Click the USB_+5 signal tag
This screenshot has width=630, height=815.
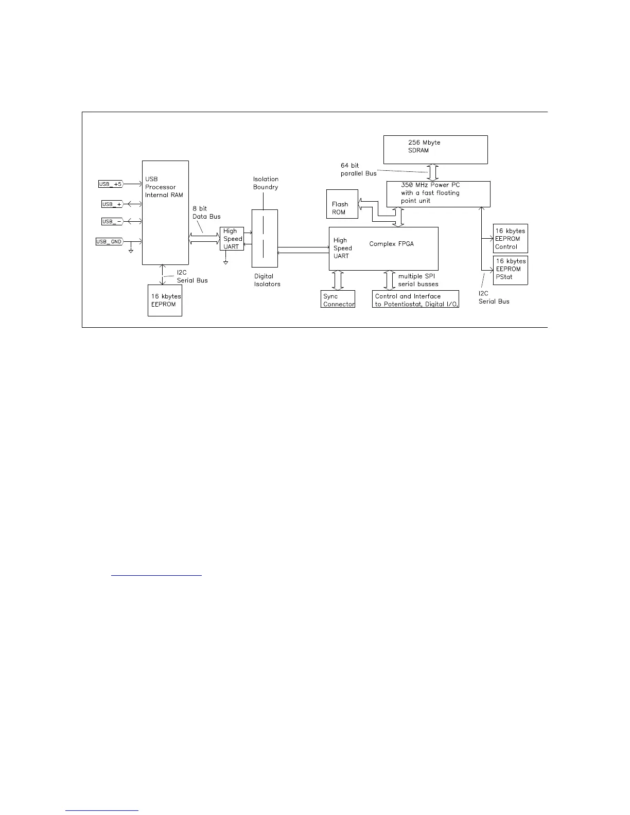(x=111, y=184)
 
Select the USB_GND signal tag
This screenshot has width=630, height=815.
(x=109, y=241)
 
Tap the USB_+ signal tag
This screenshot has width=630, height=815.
(x=112, y=204)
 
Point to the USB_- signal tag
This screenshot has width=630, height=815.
(x=112, y=221)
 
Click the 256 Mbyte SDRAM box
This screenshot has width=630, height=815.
(x=435, y=150)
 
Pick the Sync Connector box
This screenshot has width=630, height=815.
(x=338, y=299)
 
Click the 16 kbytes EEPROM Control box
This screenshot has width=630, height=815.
(x=510, y=238)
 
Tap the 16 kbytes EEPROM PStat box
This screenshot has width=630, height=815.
(x=510, y=270)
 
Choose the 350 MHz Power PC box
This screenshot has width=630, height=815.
(x=438, y=193)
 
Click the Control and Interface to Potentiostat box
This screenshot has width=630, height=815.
(x=415, y=299)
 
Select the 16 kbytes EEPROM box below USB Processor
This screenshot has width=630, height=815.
(x=165, y=300)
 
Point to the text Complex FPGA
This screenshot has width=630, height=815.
(x=391, y=244)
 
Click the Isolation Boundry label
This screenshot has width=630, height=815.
(x=266, y=183)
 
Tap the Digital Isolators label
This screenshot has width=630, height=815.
(x=267, y=280)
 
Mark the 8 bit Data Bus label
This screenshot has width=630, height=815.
(x=206, y=212)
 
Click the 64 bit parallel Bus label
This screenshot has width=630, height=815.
(x=358, y=169)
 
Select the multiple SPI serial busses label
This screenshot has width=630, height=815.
(x=418, y=280)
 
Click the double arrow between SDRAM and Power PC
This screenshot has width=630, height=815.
(x=433, y=172)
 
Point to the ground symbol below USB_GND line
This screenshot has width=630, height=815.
(x=131, y=251)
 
